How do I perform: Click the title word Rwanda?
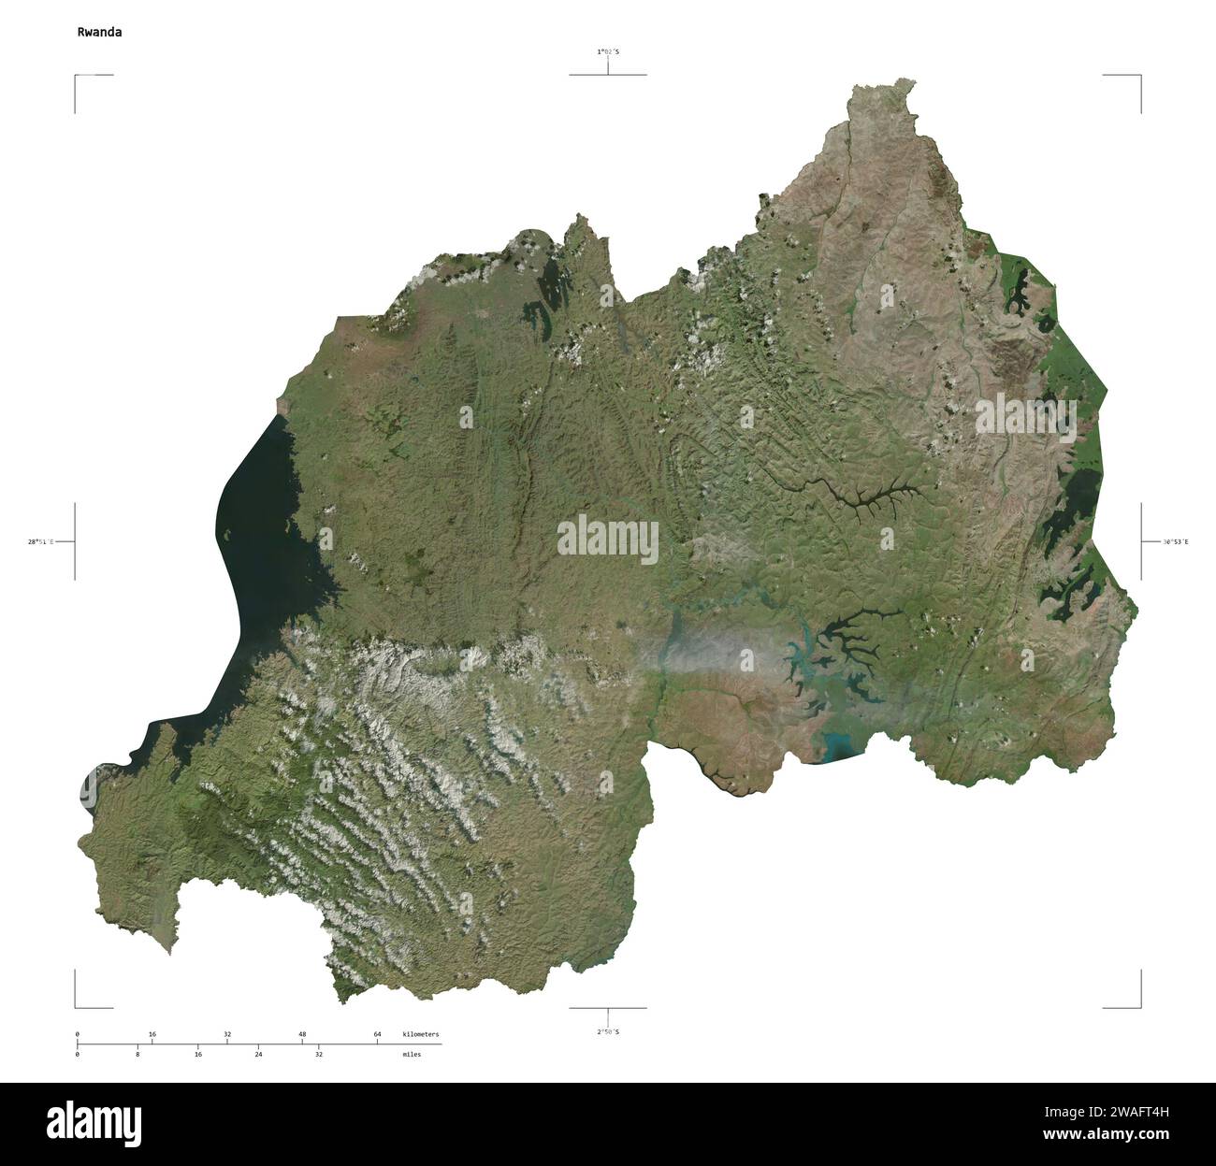point(99,32)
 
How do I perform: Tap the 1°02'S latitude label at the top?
point(608,51)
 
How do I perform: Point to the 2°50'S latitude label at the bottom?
point(608,1031)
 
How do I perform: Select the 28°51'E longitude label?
point(40,541)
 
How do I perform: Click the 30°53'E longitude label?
point(1176,541)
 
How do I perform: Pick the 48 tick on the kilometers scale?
point(302,1034)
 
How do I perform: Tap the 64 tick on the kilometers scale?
point(377,1034)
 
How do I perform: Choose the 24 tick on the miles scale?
point(258,1054)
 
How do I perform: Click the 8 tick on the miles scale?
point(138,1054)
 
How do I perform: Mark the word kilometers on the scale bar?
point(420,1034)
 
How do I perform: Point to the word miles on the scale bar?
point(412,1054)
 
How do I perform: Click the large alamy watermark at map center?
point(608,540)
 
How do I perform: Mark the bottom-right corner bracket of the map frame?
point(1139,1006)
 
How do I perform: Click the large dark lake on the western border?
point(257,542)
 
